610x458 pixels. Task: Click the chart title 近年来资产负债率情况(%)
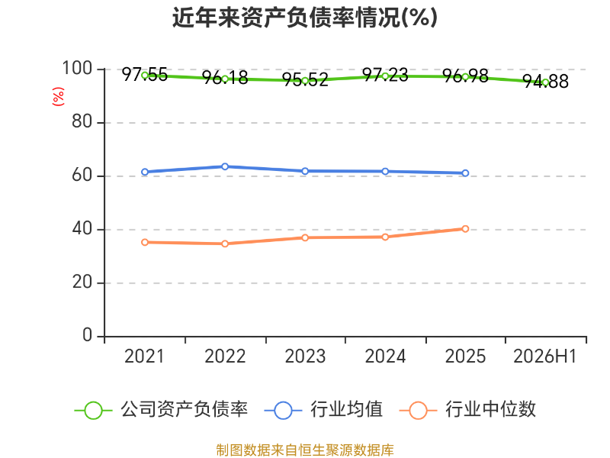[x=305, y=18]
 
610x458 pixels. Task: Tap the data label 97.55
[x=145, y=74]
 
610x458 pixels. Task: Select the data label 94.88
[x=545, y=82]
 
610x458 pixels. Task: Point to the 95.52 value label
[x=305, y=80]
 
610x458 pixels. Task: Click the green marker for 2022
[x=225, y=79]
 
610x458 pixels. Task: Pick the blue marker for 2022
[x=225, y=166]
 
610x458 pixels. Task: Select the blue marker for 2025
[x=465, y=173]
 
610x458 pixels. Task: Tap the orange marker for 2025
[x=465, y=228]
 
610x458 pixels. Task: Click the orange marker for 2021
[x=145, y=242]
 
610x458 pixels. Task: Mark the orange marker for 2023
[x=305, y=237]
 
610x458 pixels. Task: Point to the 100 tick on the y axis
[x=77, y=69]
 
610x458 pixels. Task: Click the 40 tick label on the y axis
[x=82, y=229]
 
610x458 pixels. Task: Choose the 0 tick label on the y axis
[x=87, y=335]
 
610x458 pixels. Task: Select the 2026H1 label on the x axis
[x=544, y=356]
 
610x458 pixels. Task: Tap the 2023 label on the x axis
[x=305, y=356]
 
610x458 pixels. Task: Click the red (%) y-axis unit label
[x=58, y=96]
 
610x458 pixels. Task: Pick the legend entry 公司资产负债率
[x=161, y=410]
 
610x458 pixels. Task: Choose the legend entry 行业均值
[x=323, y=410]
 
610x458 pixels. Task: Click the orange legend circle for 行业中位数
[x=418, y=411]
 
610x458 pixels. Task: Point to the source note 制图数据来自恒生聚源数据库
[x=305, y=450]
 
